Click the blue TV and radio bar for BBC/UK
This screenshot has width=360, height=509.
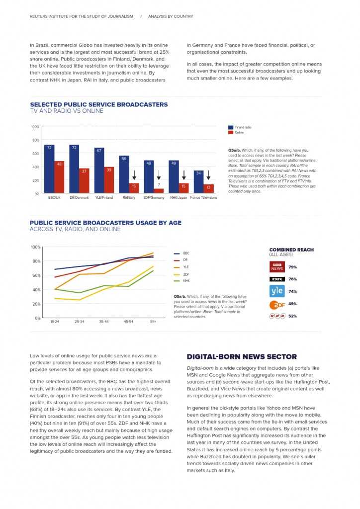click(49, 169)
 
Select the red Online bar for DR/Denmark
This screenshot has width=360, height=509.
click(84, 180)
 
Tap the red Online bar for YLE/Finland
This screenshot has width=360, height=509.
click(109, 180)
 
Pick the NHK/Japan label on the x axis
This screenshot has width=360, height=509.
click(179, 197)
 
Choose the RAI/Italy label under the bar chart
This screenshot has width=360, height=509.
click(129, 197)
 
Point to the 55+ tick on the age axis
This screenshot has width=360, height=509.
click(153, 322)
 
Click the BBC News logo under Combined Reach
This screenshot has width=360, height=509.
click(277, 267)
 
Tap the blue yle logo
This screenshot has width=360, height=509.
click(277, 291)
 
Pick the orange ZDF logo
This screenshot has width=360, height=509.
click(277, 304)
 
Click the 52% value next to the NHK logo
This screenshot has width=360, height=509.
click(292, 316)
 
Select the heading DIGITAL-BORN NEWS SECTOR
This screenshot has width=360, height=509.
click(242, 356)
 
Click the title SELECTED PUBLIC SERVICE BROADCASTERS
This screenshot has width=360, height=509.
click(99, 104)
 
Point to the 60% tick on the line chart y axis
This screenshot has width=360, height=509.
click(36, 275)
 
